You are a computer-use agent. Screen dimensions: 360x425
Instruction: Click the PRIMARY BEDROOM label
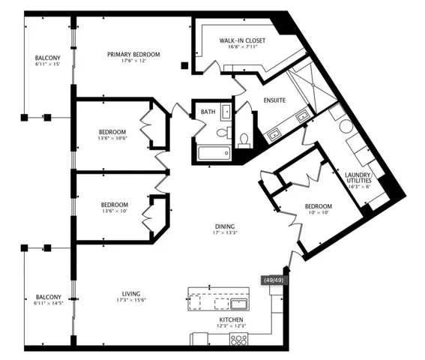pos(133,54)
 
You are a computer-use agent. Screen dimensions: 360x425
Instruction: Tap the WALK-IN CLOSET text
pos(238,40)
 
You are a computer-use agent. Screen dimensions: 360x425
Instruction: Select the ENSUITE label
pos(274,100)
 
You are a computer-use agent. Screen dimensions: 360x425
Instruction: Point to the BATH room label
pos(208,112)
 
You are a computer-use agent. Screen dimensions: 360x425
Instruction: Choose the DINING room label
pos(224,226)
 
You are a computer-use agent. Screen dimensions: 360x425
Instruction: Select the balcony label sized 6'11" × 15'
pos(47,58)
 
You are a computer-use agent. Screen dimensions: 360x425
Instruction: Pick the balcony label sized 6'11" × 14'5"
pos(47,298)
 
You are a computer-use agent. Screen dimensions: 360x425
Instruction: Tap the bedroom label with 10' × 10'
pos(318,206)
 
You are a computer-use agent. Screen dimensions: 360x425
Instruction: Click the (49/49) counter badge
pos(274,280)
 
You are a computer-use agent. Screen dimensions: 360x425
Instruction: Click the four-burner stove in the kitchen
pos(238,339)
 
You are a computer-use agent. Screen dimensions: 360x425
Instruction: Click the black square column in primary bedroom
pos(184,66)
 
